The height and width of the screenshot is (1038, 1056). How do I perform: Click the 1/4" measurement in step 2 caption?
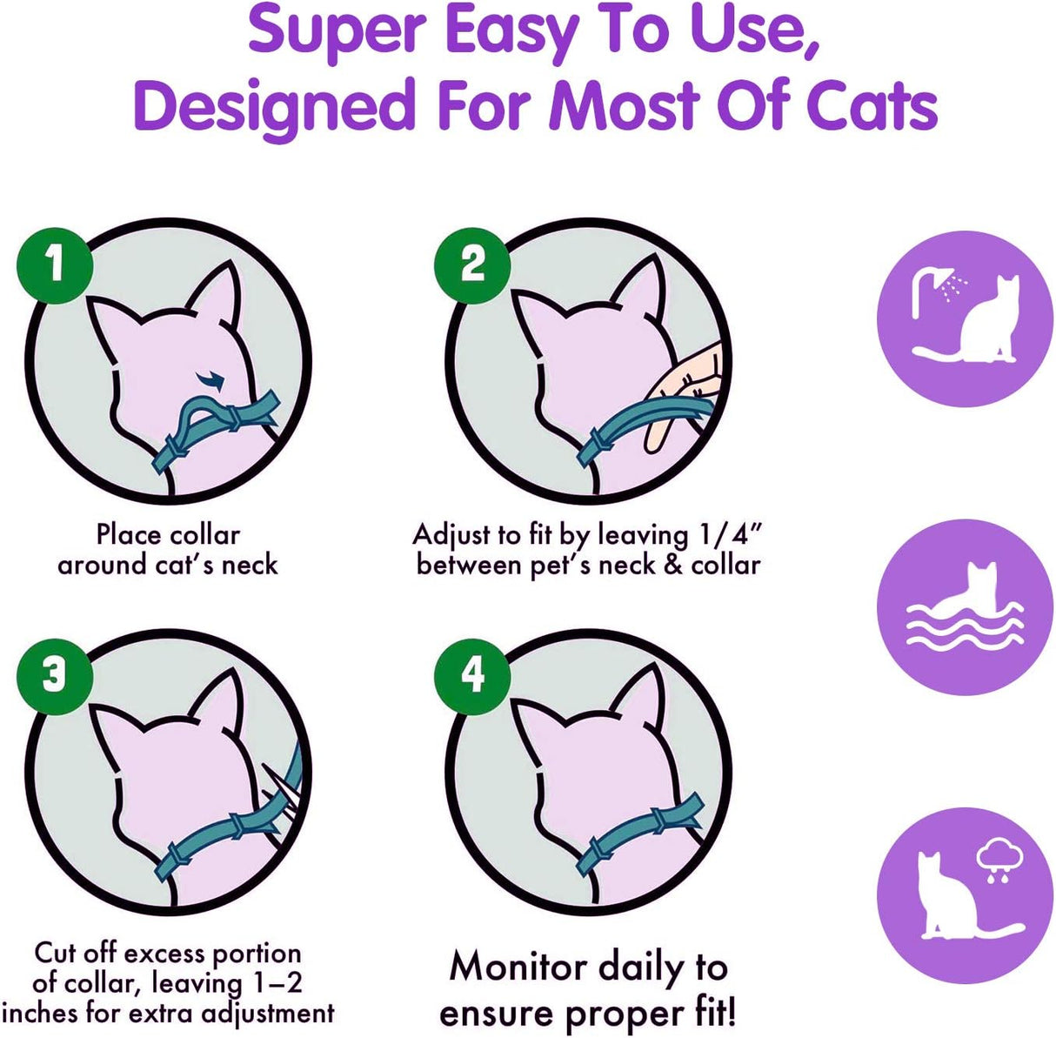pos(731,534)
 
